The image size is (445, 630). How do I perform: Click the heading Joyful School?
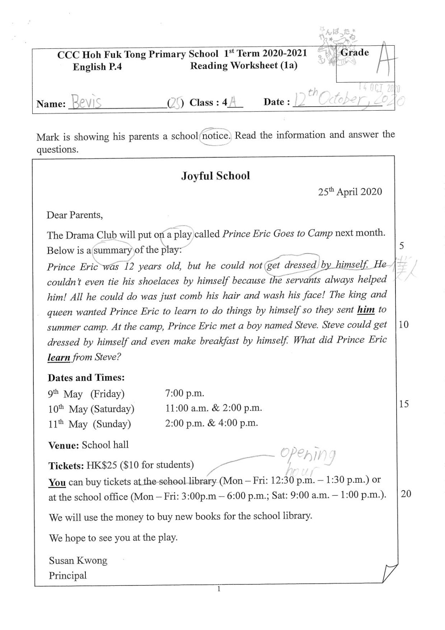coord(215,176)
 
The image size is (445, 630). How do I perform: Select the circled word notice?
coord(215,136)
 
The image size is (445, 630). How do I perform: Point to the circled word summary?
coord(113,250)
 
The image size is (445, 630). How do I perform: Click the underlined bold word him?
coord(366,310)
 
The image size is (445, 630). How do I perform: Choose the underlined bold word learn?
coord(59,357)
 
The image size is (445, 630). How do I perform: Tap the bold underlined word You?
coord(57,482)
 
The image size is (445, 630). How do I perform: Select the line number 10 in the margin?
coord(404,324)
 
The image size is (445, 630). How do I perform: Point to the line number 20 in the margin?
coord(406,493)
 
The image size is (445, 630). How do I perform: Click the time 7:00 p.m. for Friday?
coord(185,393)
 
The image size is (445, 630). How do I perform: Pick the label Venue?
coord(64,446)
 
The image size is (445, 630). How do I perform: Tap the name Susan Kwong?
coord(78,560)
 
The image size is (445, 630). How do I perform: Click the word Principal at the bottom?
coord(68,576)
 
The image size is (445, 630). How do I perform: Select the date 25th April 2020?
coord(350,192)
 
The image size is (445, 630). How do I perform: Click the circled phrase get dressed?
coord(292,265)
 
